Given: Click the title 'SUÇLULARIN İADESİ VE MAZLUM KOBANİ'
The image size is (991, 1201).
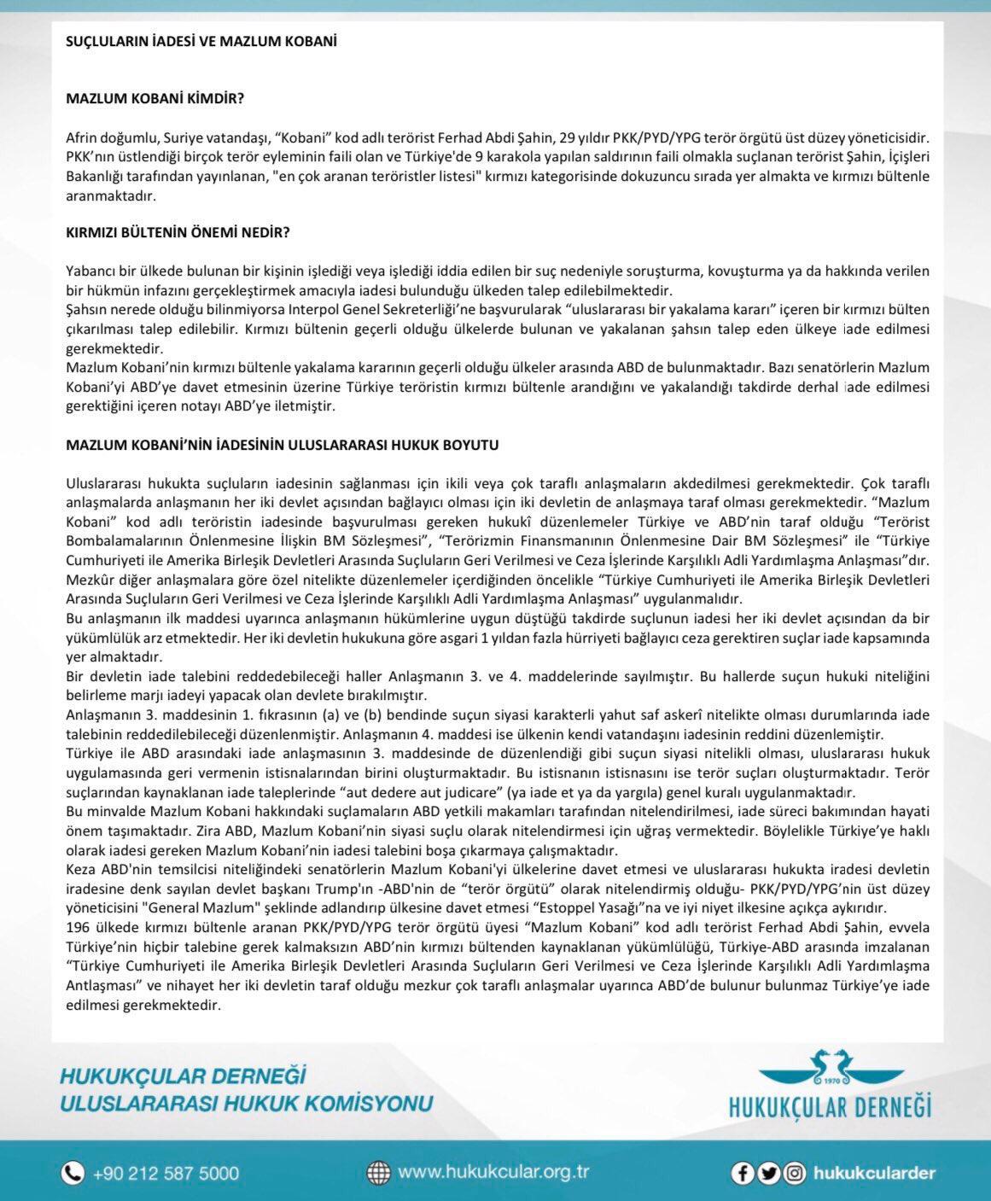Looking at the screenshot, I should pos(201,41).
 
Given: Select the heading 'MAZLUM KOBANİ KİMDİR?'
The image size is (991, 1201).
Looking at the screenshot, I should pos(154,98).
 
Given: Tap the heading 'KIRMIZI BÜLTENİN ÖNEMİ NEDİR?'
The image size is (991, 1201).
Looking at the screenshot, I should pos(178,233).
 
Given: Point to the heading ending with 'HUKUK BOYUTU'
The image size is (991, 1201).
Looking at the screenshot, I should pos(283,445).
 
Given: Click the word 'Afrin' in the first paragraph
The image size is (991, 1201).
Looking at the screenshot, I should pos(80,137).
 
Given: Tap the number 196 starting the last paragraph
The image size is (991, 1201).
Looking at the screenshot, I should pos(77,928).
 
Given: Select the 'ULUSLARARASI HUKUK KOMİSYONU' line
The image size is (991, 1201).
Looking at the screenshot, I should pos(246,1103).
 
